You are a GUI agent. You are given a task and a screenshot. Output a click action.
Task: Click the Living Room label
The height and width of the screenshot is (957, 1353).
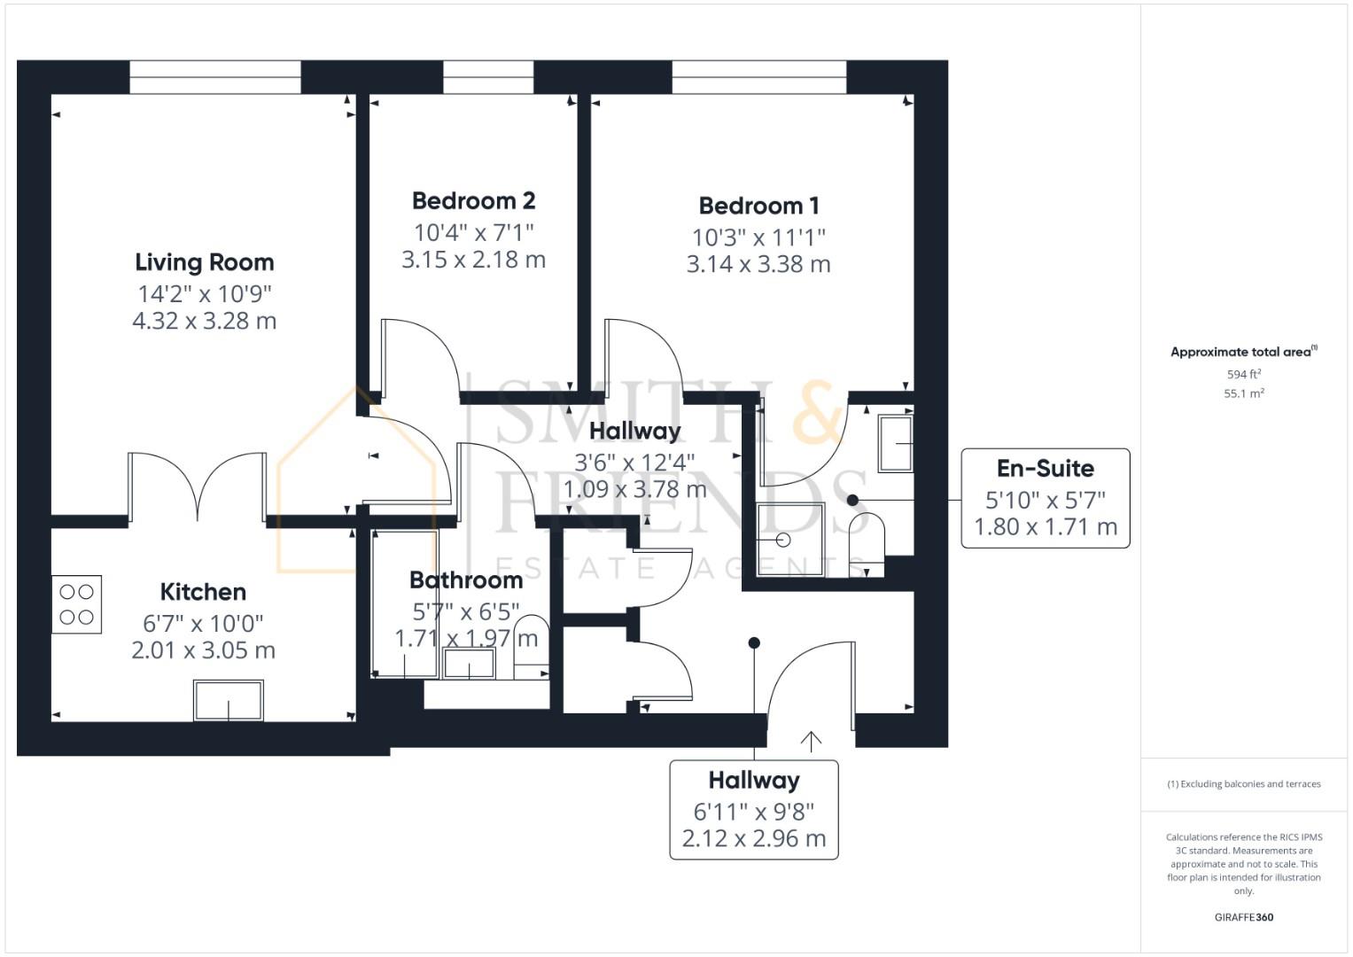[204, 263]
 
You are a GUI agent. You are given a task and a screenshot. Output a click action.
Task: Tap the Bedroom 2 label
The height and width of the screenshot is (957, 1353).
[473, 200]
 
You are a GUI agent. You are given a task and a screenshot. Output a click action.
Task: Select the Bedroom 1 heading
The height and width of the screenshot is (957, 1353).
[758, 206]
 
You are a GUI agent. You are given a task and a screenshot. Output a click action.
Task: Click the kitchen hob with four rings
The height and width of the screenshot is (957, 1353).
[77, 604]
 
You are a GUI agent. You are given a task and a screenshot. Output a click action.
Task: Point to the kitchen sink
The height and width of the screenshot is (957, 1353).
[229, 700]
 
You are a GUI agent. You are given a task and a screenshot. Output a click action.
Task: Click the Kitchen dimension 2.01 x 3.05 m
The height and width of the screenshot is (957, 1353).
[204, 650]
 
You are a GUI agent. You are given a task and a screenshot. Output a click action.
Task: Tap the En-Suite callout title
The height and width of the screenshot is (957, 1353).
[1045, 468]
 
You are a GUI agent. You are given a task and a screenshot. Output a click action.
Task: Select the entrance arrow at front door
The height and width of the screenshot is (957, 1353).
[811, 742]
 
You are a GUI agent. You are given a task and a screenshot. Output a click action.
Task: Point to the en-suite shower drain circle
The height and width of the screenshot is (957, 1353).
[783, 540]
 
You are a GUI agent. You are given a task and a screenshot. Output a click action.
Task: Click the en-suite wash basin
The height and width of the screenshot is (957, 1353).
[895, 443]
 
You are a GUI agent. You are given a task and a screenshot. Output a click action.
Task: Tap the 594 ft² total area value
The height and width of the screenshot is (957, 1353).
[1244, 374]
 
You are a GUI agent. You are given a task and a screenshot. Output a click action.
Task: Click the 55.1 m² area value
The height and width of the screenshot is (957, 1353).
[1244, 393]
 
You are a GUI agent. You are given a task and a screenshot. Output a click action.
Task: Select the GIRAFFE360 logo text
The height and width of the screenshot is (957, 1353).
[1244, 917]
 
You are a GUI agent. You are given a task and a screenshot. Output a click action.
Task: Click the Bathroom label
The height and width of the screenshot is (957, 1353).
[466, 580]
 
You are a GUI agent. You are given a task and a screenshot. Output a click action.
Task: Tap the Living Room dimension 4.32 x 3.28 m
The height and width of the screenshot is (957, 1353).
[204, 321]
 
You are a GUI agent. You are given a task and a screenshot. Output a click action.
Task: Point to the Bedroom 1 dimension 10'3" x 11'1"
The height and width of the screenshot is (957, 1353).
[758, 237]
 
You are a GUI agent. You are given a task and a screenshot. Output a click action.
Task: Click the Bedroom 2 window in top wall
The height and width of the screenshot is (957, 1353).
[488, 77]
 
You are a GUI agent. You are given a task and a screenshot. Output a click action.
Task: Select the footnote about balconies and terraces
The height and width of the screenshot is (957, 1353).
[1244, 783]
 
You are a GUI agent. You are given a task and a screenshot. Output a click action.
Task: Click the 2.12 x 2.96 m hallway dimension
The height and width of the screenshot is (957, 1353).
[754, 838]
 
